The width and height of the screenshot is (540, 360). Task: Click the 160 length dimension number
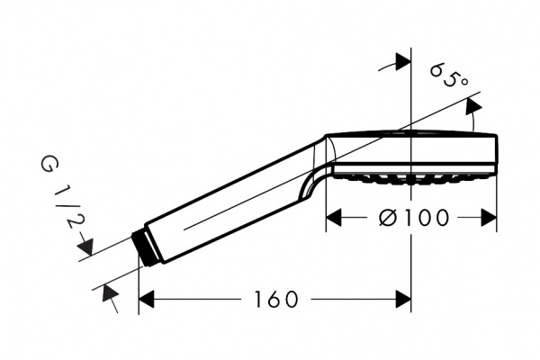click(x=275, y=299)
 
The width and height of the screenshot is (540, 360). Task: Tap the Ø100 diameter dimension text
click(x=414, y=218)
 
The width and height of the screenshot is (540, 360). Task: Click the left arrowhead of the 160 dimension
click(x=146, y=299)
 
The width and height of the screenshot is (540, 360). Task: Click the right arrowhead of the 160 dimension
click(x=403, y=299)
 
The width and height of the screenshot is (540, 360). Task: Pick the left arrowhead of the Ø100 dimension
click(x=333, y=218)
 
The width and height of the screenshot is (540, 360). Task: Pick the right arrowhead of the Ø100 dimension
click(x=489, y=218)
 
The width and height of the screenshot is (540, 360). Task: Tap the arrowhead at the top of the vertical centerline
click(x=403, y=62)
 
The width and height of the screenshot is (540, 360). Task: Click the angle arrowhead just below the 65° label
click(x=473, y=106)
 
